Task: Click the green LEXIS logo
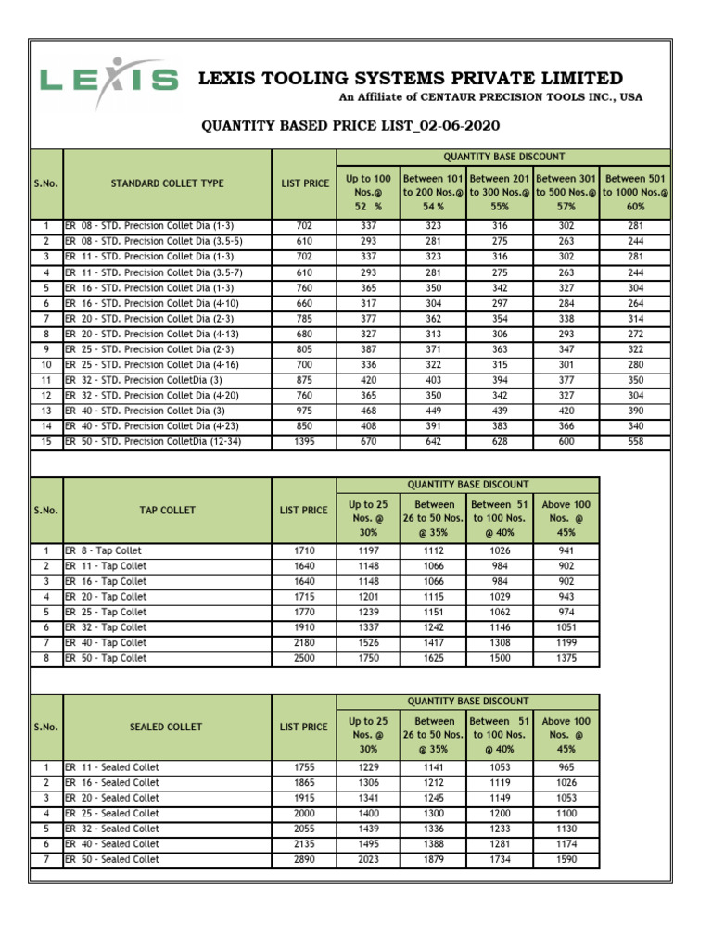[x=108, y=80]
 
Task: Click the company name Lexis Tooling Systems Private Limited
[x=412, y=79]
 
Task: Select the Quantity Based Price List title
[x=355, y=126]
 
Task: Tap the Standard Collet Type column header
[x=167, y=183]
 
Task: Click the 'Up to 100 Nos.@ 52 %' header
[x=368, y=192]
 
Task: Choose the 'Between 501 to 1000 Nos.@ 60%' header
[x=636, y=192]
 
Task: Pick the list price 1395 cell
[x=304, y=442]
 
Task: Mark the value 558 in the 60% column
[x=636, y=442]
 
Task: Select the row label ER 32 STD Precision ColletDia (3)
[x=143, y=380]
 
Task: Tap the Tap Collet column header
[x=167, y=510]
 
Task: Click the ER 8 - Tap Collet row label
[x=104, y=550]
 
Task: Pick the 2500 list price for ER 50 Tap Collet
[x=304, y=658]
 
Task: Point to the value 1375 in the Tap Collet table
[x=566, y=658]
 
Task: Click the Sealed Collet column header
[x=167, y=727]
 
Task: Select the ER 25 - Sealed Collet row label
[x=112, y=814]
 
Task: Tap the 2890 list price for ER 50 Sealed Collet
[x=304, y=859]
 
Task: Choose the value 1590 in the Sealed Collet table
[x=566, y=859]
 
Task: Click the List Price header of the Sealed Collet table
[x=304, y=727]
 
